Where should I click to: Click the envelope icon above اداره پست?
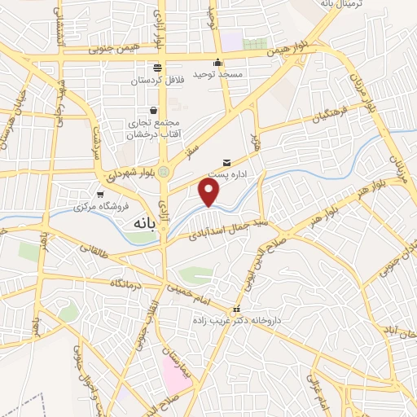pos(226,162)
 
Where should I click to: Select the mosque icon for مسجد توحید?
pos(217,64)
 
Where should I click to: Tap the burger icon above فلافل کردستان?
pos(157,67)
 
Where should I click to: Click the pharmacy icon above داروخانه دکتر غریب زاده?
pos(236,309)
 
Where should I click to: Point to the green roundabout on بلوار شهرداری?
pos(165,172)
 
